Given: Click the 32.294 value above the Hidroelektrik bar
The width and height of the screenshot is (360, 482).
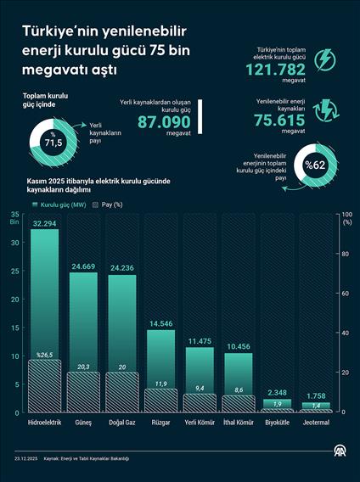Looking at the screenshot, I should click(x=45, y=223).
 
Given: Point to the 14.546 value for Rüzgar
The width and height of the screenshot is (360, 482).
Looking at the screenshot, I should click(x=160, y=323).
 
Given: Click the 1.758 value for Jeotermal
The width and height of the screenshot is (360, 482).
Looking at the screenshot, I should click(x=316, y=395).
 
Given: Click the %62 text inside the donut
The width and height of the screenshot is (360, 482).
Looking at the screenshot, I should click(x=316, y=164).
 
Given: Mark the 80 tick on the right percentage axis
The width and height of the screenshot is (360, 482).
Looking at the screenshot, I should click(x=344, y=254).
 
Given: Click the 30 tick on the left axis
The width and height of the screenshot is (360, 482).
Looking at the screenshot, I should click(x=14, y=242).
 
